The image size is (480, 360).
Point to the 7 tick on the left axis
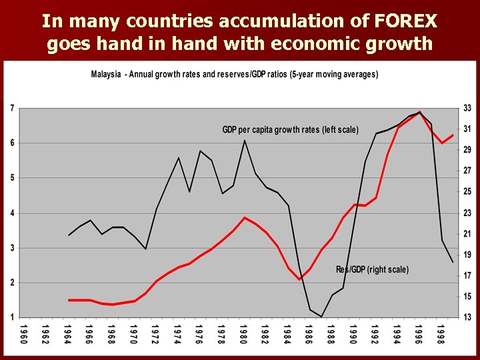[13, 108]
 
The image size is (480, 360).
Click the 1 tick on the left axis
[13, 317]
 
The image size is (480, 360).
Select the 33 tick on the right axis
[467, 108]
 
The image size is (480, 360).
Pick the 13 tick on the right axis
[467, 317]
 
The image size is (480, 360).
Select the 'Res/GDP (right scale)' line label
[372, 269]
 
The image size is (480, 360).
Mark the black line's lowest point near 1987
[321, 317]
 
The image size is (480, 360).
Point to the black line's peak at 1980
[245, 140]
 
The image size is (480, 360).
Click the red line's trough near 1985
[299, 279]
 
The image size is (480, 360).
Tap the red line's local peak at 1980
[245, 217]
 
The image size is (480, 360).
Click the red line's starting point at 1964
[69, 300]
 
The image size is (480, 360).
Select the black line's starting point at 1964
[69, 235]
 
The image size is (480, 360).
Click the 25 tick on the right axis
[467, 192]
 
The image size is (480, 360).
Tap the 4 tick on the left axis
[13, 213]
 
